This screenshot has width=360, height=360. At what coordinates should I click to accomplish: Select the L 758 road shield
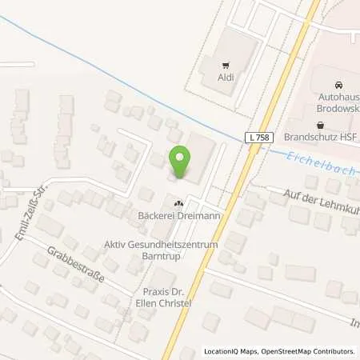coord(257,138)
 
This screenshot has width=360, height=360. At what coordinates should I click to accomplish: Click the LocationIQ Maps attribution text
coord(230,351)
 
